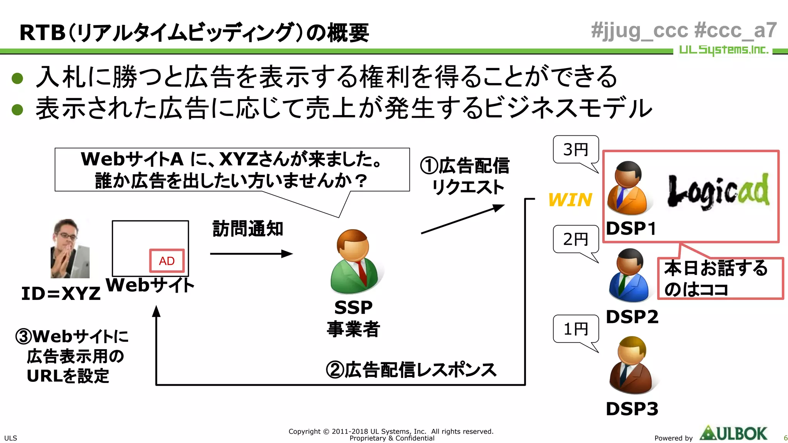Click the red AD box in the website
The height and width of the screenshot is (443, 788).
coord(167,261)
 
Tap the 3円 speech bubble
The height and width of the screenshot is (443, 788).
coord(576,150)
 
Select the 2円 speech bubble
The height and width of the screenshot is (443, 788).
coord(576,239)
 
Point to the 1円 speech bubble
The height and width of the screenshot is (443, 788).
coord(576,329)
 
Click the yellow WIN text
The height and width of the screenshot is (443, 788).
coord(570,200)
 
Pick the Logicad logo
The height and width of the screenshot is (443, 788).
coord(718,192)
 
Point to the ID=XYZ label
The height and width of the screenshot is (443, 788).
coord(61,294)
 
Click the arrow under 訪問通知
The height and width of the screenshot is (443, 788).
coord(251,254)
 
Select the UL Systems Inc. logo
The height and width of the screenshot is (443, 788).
coord(723,50)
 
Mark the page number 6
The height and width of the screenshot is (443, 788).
coord(785,438)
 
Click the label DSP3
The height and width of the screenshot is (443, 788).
coord(632,409)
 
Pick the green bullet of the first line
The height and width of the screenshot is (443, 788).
coord(18,78)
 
